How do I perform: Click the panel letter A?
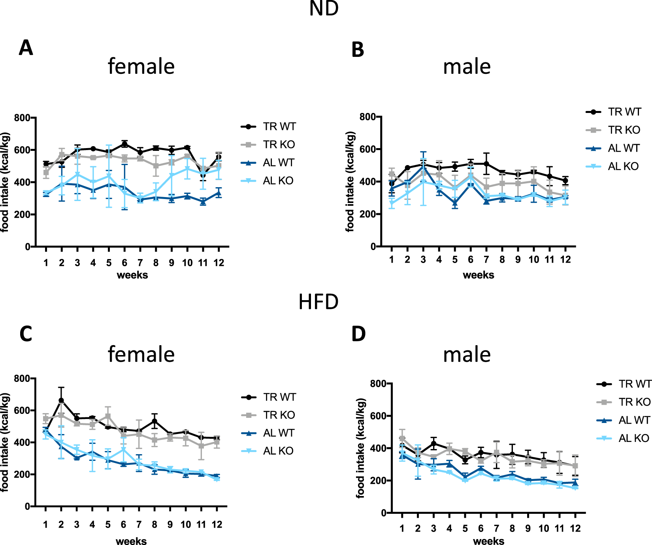26,48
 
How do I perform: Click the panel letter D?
358,334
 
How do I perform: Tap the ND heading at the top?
324,9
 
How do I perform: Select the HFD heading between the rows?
318,302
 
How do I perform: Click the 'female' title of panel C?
141,354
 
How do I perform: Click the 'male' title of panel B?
467,66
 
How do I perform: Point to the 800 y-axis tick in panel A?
22,118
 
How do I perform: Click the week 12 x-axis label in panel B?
565,259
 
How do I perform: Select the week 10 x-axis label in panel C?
186,524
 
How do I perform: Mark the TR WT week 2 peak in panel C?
61,400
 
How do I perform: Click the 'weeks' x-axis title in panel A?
132,275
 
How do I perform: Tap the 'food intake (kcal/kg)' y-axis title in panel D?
360,448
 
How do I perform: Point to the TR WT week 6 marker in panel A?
124,144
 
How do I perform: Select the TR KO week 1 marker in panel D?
402,438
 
